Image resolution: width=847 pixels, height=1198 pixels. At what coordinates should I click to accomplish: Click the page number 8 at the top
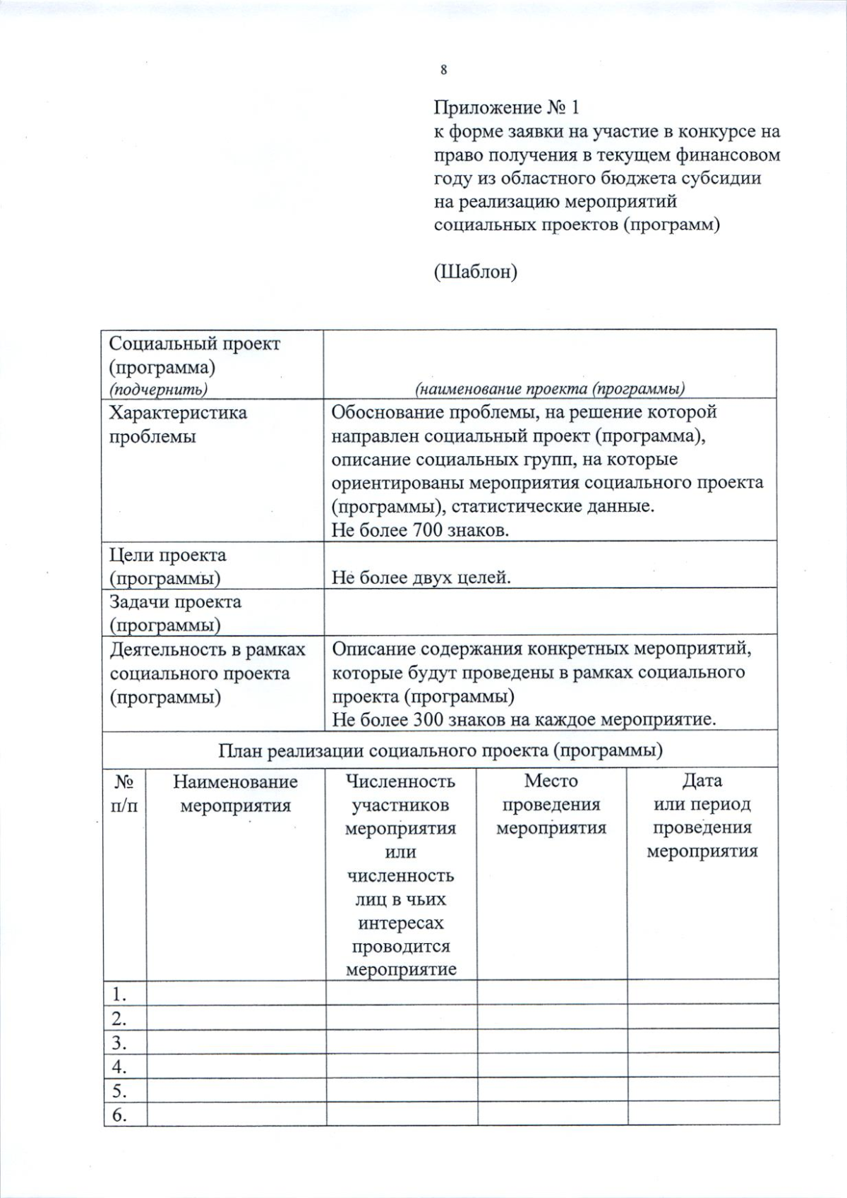coord(443,69)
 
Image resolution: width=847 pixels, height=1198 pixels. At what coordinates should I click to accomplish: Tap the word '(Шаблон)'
coord(475,272)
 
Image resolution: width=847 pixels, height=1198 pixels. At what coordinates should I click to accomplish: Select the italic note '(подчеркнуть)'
coord(158,389)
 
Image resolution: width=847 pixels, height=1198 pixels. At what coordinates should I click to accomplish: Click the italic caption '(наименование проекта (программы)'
coord(550,388)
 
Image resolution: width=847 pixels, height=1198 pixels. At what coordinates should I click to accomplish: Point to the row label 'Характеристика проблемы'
coord(178,424)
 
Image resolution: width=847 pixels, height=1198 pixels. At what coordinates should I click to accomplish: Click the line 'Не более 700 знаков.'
coord(420,530)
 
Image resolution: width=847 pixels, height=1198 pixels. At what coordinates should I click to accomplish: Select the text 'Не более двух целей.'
coord(421,577)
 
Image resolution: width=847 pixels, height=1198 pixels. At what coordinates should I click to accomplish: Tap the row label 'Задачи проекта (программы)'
coord(175,613)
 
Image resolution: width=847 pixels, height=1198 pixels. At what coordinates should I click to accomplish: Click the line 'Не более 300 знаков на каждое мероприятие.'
coord(524,720)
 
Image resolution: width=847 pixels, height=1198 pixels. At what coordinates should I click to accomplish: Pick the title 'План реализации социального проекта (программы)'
coord(440,750)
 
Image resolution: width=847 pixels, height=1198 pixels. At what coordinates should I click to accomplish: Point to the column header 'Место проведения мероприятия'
coord(551,805)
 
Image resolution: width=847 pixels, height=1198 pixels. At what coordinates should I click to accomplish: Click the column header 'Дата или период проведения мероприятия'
coord(702,816)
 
